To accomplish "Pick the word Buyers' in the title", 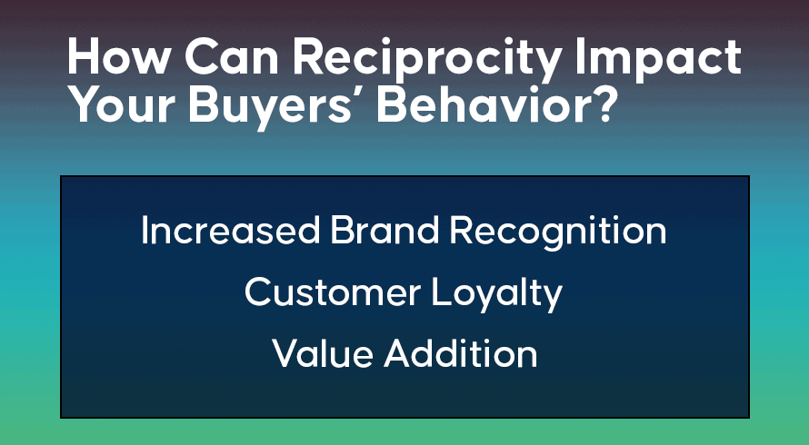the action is click(276, 107).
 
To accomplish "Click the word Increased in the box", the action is click(230, 230).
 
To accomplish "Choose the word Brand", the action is click(385, 230).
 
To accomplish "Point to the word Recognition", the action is click(558, 233).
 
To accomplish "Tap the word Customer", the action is click(333, 292).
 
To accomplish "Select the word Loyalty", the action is click(497, 295).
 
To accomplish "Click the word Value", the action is click(322, 354).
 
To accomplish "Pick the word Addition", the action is click(460, 354).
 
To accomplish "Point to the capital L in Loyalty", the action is click(442, 292).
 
